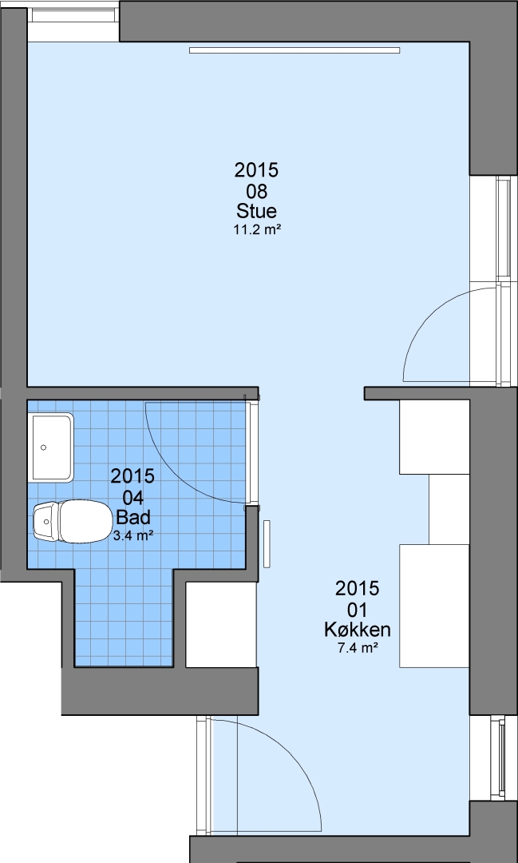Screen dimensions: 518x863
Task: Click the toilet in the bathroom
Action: (71, 521)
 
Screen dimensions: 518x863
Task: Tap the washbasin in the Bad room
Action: (52, 447)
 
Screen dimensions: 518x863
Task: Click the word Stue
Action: (257, 211)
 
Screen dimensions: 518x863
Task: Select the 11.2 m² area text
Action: (257, 230)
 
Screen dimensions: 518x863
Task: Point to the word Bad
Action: (133, 518)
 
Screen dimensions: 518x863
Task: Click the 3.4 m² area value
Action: (133, 535)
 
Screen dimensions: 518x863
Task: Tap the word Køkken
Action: (358, 629)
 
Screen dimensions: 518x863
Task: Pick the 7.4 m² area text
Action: (358, 648)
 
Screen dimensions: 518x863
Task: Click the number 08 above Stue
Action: (257, 192)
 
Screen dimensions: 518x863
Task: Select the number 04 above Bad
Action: (133, 498)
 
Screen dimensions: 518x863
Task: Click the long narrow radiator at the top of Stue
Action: (295, 50)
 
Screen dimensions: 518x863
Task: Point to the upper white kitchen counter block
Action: (434, 436)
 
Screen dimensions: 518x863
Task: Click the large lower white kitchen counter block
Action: (434, 606)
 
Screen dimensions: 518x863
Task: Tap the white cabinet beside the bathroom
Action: (220, 624)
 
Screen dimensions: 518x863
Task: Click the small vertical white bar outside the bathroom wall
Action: (267, 544)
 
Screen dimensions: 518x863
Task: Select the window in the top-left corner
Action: (74, 15)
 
